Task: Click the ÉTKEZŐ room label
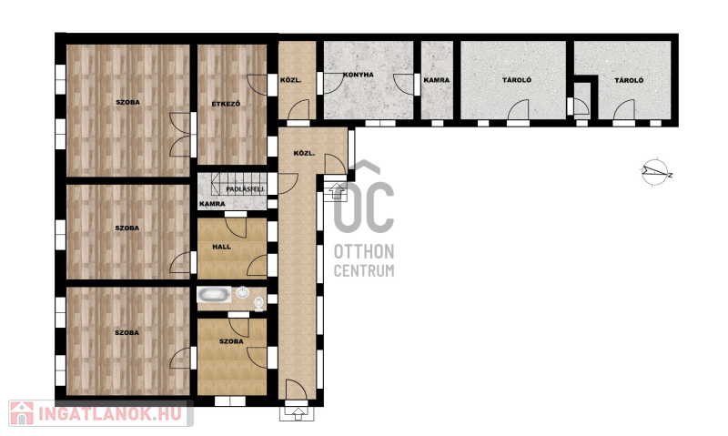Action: pyautogui.click(x=226, y=104)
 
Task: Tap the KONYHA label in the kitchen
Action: pyautogui.click(x=359, y=75)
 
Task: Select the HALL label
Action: pyautogui.click(x=221, y=247)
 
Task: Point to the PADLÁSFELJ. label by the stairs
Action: pyautogui.click(x=246, y=189)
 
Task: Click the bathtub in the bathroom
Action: pyautogui.click(x=214, y=294)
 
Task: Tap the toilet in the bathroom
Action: pyautogui.click(x=258, y=303)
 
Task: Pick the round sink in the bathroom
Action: pyautogui.click(x=242, y=292)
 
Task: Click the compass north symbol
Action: pyautogui.click(x=656, y=173)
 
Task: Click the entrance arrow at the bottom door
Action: pyautogui.click(x=298, y=411)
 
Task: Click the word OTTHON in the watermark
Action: pyautogui.click(x=364, y=251)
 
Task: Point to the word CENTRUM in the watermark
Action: pyautogui.click(x=364, y=270)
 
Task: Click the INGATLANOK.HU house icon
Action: pyautogui.click(x=21, y=414)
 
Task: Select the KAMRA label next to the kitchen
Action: pyautogui.click(x=437, y=80)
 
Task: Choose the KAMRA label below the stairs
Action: pyautogui.click(x=212, y=204)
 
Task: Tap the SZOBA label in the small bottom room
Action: pyautogui.click(x=231, y=341)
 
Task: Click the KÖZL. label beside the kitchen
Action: pyautogui.click(x=290, y=80)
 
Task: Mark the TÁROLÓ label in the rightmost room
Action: pyautogui.click(x=629, y=80)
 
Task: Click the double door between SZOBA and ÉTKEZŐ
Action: pyautogui.click(x=181, y=135)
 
